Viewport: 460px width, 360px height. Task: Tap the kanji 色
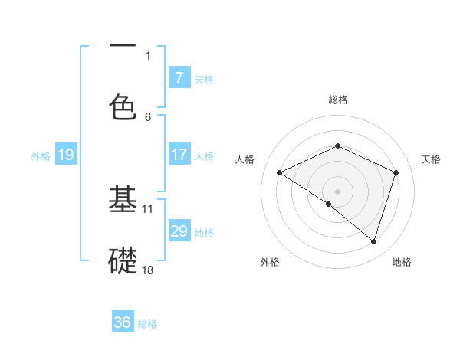(123, 106)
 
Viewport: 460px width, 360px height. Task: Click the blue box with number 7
(179, 77)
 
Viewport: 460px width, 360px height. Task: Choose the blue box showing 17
(179, 155)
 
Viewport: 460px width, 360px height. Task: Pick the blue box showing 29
(179, 231)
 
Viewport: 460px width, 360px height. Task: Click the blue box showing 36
(123, 322)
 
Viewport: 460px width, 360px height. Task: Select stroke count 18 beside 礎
(148, 270)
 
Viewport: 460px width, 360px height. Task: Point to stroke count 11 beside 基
(148, 208)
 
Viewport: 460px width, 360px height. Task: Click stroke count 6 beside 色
(148, 116)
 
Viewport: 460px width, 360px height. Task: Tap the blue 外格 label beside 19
(41, 156)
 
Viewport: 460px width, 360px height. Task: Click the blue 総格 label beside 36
(147, 324)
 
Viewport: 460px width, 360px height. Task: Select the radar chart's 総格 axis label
(337, 100)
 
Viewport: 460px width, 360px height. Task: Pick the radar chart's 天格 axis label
(431, 159)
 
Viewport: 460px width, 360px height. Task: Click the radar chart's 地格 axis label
(402, 263)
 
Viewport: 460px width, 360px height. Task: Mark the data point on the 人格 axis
(280, 173)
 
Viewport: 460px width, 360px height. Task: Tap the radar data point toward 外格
(329, 204)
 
